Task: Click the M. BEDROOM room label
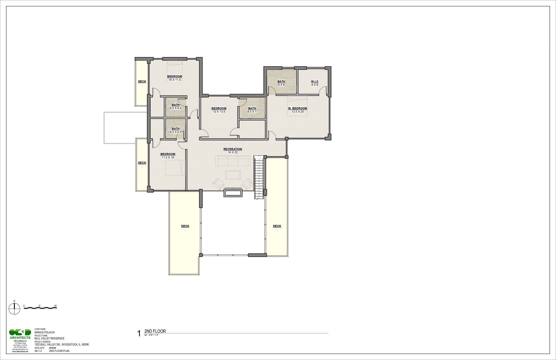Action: point(297,108)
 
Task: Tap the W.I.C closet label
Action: point(314,82)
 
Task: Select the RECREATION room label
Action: point(233,149)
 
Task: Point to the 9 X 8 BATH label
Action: point(281,82)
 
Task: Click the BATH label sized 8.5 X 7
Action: point(252,108)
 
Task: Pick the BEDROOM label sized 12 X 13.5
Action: point(219,108)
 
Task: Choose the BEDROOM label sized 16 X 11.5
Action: point(175,77)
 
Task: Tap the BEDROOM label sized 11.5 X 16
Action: point(168,154)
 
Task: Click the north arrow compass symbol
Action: point(14,309)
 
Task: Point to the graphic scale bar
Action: point(40,307)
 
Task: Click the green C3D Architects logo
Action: point(20,333)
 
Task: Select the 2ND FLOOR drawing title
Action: point(155,331)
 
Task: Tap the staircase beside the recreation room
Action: point(259,177)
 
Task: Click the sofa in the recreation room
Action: point(233,160)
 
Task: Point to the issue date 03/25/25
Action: point(53,348)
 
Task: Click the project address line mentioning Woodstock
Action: point(61,345)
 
